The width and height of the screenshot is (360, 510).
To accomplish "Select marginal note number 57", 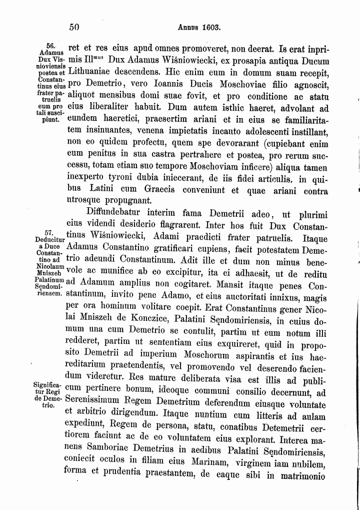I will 49,234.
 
